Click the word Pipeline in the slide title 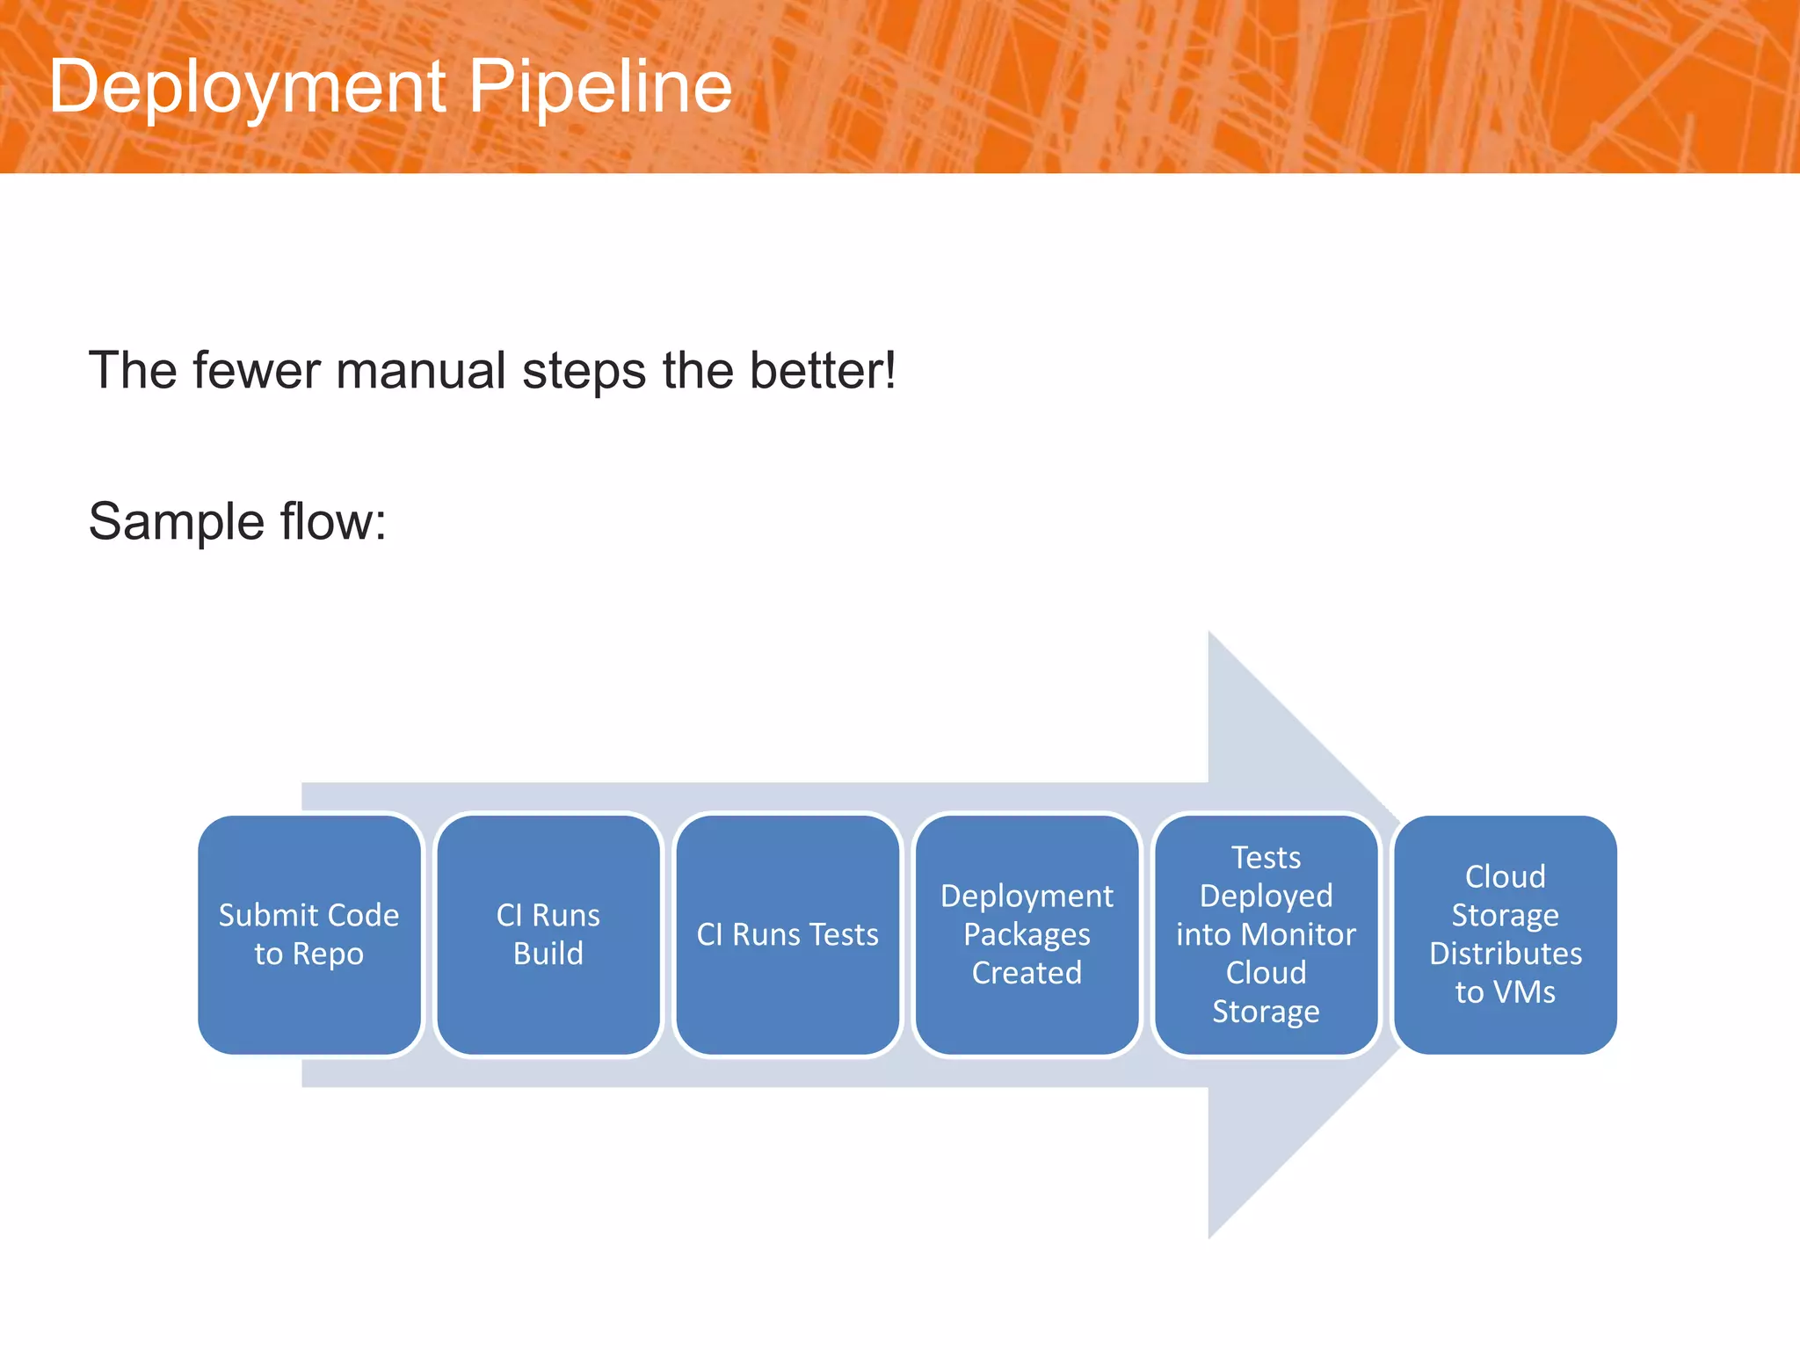click(599, 88)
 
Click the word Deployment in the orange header click(247, 88)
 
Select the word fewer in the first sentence click(258, 370)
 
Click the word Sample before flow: click(176, 521)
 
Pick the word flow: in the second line click(333, 521)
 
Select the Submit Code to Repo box click(309, 934)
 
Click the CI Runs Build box click(548, 934)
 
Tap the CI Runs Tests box click(787, 934)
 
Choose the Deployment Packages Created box click(1027, 934)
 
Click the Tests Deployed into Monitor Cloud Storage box click(1266, 934)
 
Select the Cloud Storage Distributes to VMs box click(1505, 934)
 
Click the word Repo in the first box click(328, 954)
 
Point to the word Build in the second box click(548, 954)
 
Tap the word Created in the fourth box click(1027, 973)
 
